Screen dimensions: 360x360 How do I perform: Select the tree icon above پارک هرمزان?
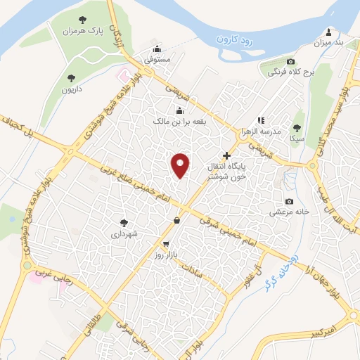pyautogui.click(x=82, y=20)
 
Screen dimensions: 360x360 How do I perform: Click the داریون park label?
pyautogui.click(x=70, y=90)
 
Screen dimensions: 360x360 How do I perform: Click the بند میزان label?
pyautogui.click(x=328, y=44)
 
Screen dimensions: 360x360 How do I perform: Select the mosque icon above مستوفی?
pyautogui.click(x=156, y=49)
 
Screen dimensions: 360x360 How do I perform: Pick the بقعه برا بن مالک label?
pyautogui.click(x=181, y=121)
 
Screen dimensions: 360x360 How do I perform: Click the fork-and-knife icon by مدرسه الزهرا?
pyautogui.click(x=261, y=120)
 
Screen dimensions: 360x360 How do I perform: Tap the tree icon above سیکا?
pyautogui.click(x=296, y=127)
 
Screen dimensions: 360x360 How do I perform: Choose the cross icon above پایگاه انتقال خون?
pyautogui.click(x=226, y=155)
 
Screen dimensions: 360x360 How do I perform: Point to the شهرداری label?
pyautogui.click(x=124, y=231)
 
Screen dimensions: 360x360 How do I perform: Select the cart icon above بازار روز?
pyautogui.click(x=166, y=243)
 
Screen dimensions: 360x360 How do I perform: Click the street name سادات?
pyautogui.click(x=191, y=268)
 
